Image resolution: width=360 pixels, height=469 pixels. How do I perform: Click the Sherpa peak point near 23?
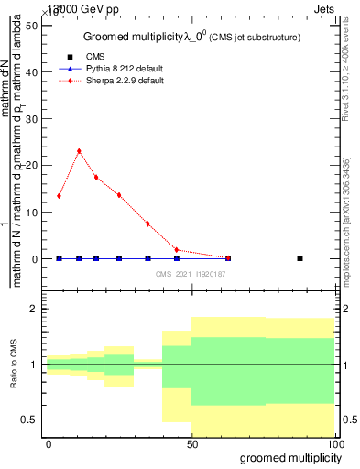(79, 151)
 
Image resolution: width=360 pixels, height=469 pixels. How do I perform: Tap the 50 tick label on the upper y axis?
(33, 25)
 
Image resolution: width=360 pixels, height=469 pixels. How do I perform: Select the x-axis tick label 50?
(191, 443)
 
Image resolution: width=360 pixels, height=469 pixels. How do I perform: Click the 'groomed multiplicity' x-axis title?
(289, 457)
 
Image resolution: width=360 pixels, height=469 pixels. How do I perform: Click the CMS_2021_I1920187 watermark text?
(190, 273)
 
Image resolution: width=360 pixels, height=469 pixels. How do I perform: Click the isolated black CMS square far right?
(300, 259)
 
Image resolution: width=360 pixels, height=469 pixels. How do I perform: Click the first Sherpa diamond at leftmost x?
(59, 196)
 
